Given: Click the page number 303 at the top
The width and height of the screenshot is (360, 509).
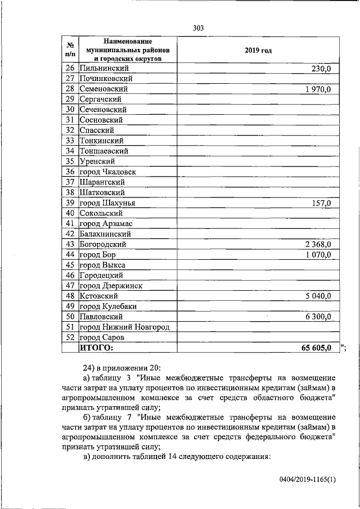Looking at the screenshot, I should (x=197, y=28).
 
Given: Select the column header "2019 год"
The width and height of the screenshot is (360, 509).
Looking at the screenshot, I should (x=258, y=51).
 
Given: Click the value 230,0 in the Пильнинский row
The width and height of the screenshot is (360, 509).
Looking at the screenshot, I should (x=321, y=69).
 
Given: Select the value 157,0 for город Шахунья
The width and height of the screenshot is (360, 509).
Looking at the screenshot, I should (x=321, y=203).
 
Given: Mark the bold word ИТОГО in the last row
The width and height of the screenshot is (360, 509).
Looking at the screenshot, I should (x=96, y=348).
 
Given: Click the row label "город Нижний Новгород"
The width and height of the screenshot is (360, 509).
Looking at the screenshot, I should (x=124, y=327).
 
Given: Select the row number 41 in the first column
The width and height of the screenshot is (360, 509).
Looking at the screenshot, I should (x=70, y=223).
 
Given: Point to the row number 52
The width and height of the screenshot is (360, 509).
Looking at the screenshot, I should (x=70, y=337).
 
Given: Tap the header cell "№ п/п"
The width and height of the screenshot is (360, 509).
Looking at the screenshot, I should (x=70, y=50).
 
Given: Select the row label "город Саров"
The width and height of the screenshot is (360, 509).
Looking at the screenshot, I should (x=102, y=337).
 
